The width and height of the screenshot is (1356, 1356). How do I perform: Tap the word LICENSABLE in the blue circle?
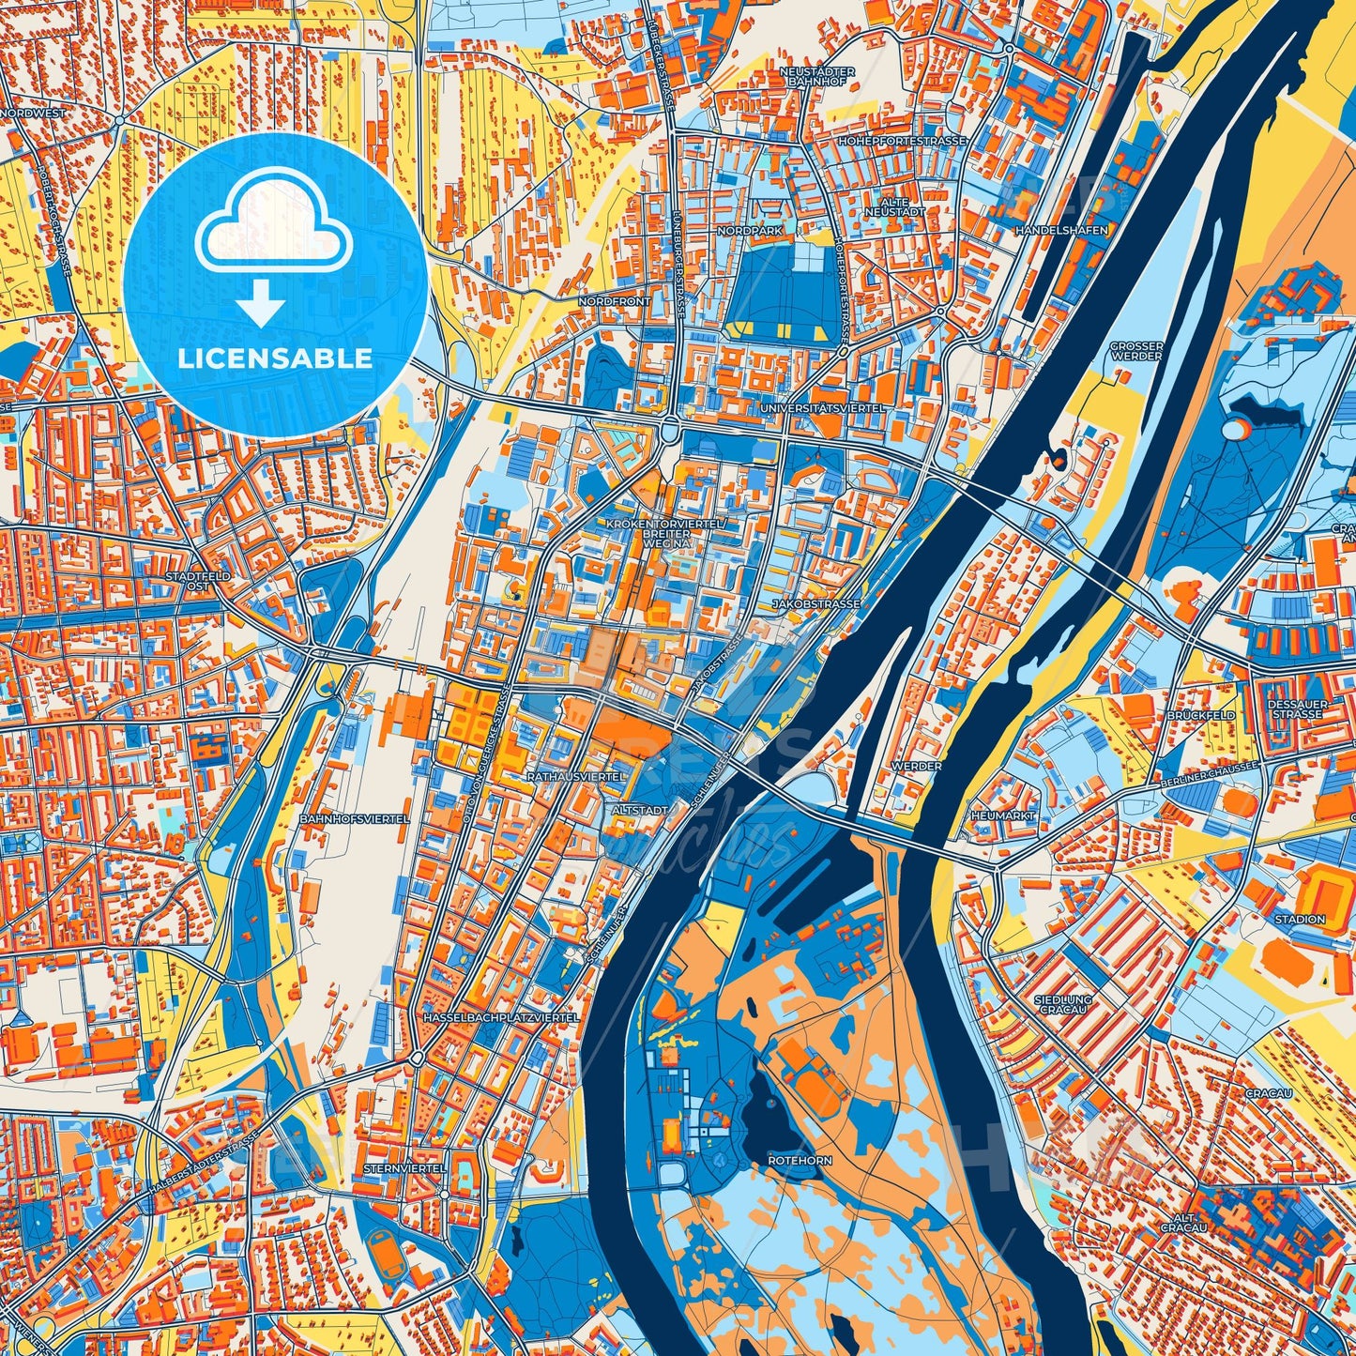(x=276, y=358)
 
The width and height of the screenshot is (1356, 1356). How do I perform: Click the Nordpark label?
(x=748, y=230)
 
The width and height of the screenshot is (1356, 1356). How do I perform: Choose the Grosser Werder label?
(x=1135, y=351)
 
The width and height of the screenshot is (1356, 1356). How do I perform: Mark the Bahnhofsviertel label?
(x=355, y=819)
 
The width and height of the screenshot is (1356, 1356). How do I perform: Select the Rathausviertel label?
(x=576, y=778)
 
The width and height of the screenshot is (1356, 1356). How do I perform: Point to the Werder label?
(x=916, y=767)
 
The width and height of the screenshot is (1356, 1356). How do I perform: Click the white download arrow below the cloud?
(x=262, y=305)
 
